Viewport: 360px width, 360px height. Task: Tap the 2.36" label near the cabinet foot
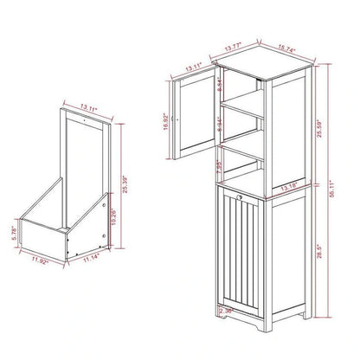(x=228, y=310)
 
